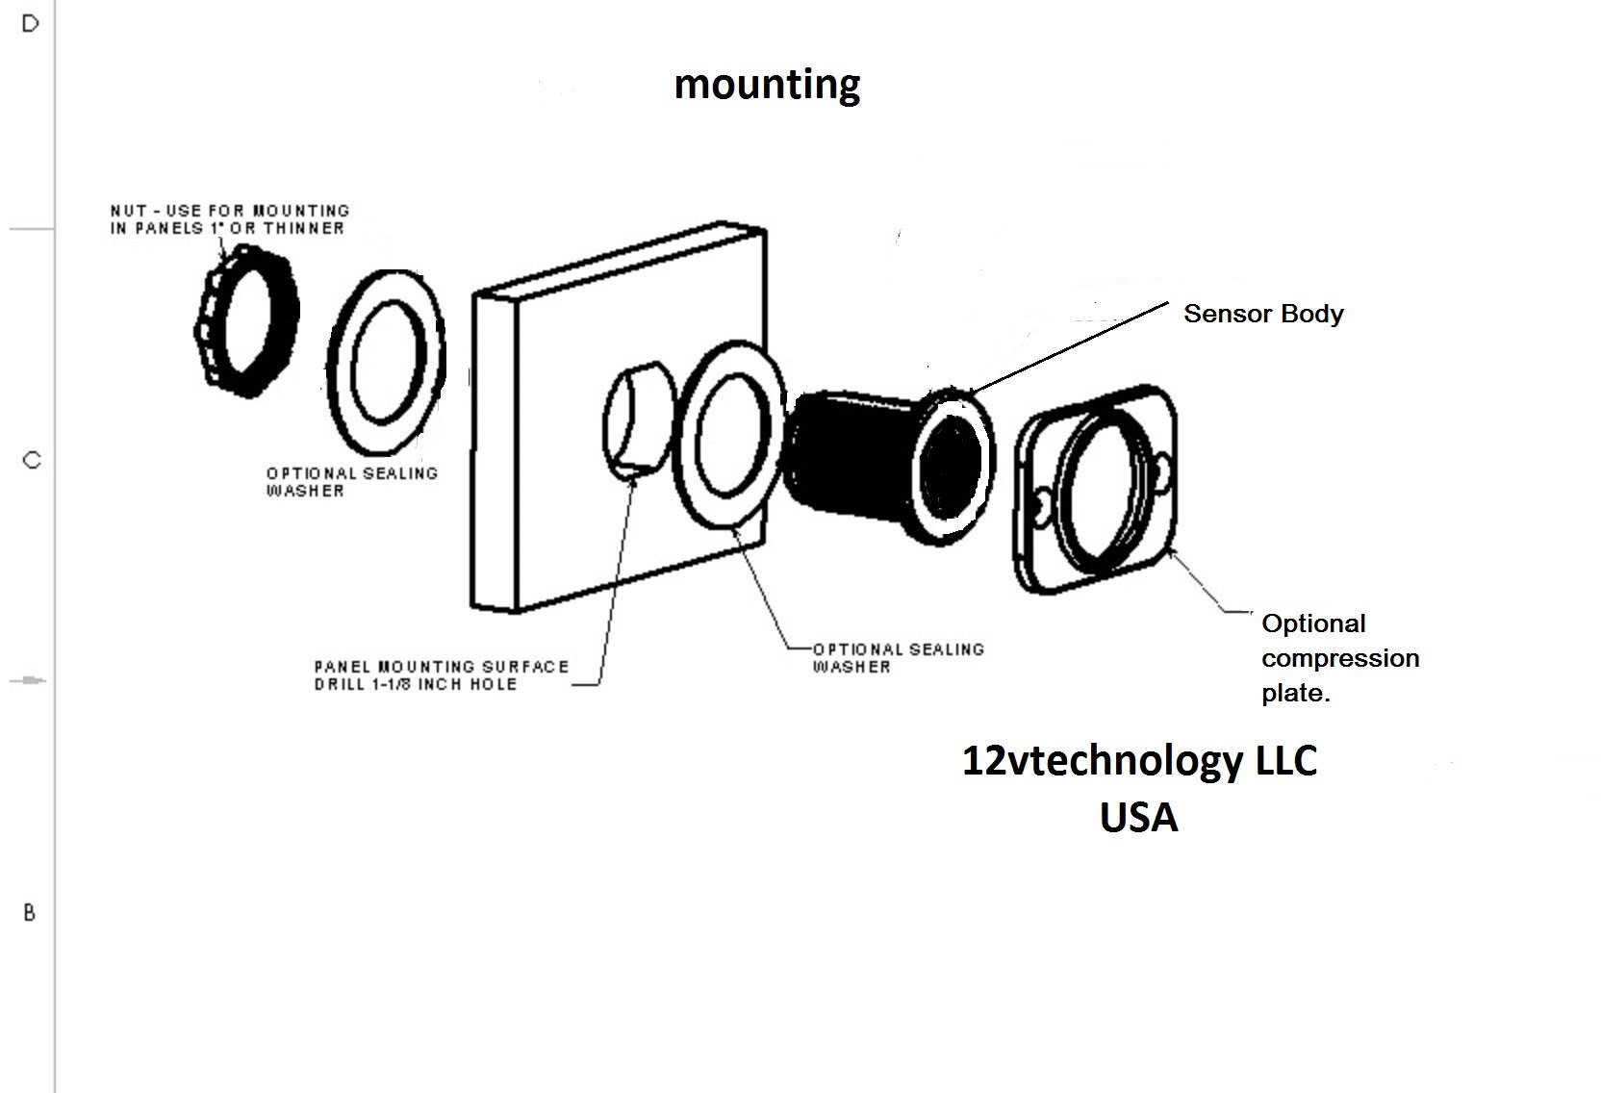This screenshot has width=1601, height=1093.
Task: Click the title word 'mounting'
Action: click(767, 86)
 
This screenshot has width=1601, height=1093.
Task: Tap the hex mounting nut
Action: click(246, 320)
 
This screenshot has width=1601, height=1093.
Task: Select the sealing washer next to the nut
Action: click(386, 363)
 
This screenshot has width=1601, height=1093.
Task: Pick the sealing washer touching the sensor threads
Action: click(729, 435)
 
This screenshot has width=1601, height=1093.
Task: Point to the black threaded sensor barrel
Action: click(851, 454)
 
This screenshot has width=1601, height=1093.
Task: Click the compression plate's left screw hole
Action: click(1041, 502)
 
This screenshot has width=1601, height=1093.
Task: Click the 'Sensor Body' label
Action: click(1263, 314)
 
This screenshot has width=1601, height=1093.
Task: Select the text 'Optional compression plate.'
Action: click(1340, 658)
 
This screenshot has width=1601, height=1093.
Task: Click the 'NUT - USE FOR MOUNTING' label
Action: click(229, 211)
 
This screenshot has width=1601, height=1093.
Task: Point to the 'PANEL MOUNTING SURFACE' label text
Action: click(442, 667)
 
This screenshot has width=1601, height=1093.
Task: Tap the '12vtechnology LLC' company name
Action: click(1139, 761)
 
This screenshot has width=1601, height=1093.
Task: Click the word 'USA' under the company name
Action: click(1138, 817)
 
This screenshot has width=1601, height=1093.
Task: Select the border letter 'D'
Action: click(30, 24)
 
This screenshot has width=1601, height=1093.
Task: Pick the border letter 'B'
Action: click(29, 913)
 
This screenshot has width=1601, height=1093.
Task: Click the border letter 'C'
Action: click(32, 460)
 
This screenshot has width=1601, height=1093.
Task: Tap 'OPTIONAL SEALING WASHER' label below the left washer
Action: click(351, 482)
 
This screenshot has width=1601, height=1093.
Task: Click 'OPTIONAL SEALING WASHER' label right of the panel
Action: click(899, 658)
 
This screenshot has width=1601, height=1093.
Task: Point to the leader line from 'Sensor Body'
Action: click(1068, 348)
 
